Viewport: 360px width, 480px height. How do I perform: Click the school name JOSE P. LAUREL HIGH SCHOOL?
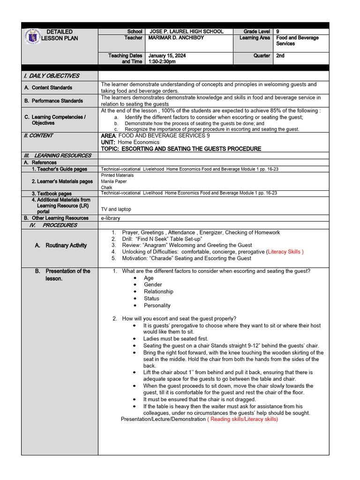186,31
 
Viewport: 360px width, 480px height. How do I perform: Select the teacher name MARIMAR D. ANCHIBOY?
176,37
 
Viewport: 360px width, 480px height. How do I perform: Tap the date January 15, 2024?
167,55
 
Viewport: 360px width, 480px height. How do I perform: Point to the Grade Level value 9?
278,31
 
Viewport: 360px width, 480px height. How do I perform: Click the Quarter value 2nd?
280,55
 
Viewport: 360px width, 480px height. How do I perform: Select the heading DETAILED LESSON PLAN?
60,35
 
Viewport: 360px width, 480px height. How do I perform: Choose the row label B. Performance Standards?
53,100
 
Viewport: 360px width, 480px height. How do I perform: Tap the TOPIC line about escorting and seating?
181,149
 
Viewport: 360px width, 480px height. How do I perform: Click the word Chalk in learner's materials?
107,187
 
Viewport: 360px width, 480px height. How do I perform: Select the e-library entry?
111,218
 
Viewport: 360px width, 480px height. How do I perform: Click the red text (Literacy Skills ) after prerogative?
285,252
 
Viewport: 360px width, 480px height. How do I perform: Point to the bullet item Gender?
153,285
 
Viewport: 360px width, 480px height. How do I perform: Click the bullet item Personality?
157,305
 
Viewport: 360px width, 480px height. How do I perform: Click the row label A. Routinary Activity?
61,245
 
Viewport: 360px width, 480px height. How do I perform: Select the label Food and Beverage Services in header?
297,40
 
